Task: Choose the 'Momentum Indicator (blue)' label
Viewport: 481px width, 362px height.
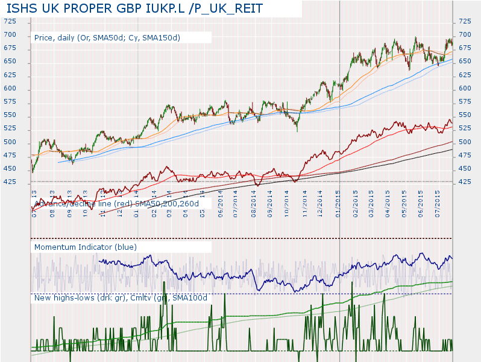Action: [86, 247]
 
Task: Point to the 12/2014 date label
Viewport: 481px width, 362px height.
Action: [322, 199]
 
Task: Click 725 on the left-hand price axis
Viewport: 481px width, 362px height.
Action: [10, 22]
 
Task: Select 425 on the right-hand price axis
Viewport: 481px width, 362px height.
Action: [465, 182]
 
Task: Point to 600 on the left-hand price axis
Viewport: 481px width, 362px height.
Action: [10, 89]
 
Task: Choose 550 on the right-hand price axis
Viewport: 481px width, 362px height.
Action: [465, 115]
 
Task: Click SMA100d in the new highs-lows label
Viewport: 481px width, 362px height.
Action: [189, 297]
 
